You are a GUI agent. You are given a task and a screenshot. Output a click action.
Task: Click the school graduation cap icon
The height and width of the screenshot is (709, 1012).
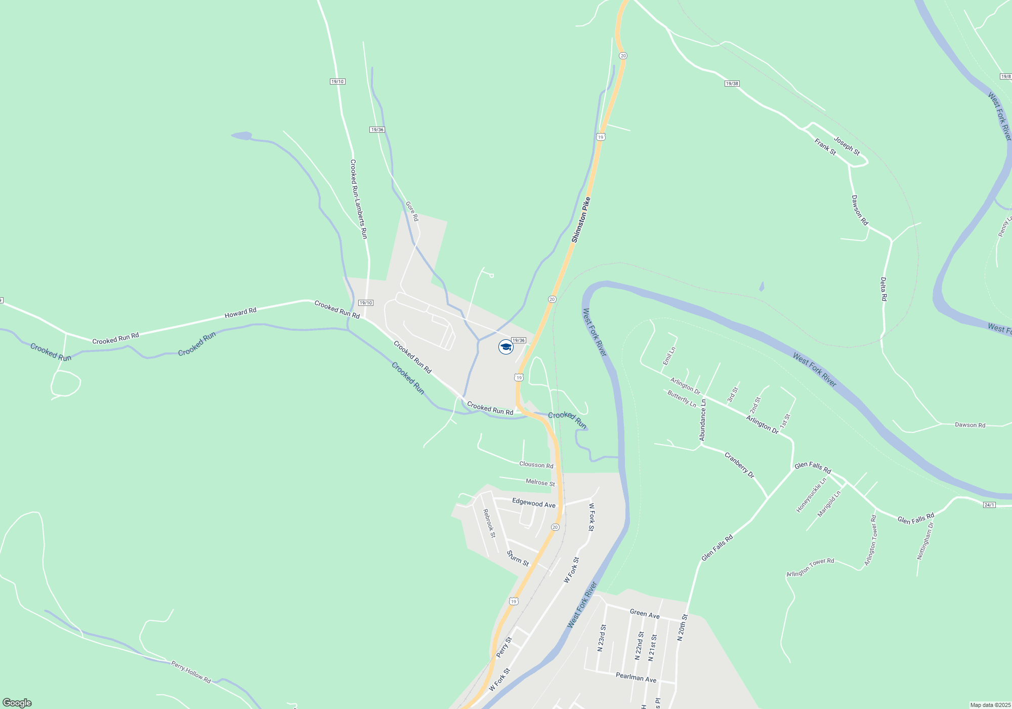tap(505, 347)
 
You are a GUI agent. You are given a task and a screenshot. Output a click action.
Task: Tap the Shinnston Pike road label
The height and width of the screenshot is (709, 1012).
tap(581, 220)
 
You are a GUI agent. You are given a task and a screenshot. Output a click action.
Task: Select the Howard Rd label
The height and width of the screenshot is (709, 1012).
tap(240, 313)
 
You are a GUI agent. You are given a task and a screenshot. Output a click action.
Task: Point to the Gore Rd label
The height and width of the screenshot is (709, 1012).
tap(412, 211)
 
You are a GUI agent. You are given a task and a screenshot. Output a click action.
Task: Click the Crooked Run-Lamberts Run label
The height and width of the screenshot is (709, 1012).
tap(358, 199)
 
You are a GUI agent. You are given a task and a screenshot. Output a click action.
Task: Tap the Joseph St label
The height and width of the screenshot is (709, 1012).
tap(847, 146)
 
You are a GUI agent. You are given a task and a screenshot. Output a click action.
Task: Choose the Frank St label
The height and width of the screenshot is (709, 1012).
tap(825, 147)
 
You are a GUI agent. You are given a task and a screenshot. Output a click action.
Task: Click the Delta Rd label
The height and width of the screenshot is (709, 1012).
tap(883, 289)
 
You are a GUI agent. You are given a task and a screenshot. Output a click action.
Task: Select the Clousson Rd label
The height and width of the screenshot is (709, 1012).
tap(536, 464)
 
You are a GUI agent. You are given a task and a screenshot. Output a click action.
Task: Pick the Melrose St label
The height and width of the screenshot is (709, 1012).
tap(540, 482)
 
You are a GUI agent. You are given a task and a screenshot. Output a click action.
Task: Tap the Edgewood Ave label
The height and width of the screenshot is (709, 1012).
tap(533, 503)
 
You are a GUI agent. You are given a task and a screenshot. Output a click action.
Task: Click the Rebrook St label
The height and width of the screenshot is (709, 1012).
tap(489, 523)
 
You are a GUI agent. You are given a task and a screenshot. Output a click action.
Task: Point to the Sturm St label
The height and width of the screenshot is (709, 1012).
tap(518, 559)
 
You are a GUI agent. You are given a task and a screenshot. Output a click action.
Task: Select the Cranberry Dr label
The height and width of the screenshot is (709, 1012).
tap(739, 465)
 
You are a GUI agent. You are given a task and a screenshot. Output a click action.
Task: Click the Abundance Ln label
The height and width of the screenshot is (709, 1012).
tap(702, 420)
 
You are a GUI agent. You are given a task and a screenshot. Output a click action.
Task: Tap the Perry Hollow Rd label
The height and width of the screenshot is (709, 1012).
tap(191, 672)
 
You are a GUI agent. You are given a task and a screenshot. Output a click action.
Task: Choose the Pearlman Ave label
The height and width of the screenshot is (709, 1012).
tap(636, 677)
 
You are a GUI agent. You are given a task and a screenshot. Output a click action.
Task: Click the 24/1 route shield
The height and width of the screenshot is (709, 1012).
tap(989, 505)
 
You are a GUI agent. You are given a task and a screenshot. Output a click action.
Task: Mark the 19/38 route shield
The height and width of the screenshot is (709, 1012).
tap(732, 84)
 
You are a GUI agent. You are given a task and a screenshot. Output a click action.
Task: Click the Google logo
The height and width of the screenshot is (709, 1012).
tap(17, 703)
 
